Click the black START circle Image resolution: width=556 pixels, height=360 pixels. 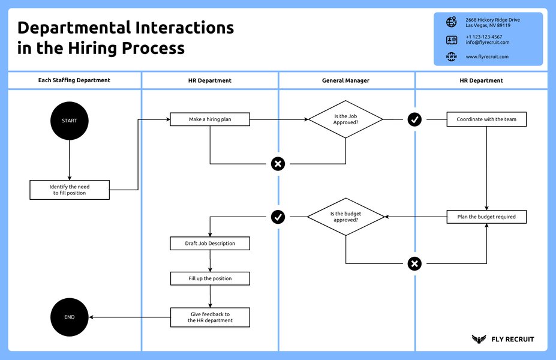70,121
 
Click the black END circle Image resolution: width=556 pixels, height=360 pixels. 70,317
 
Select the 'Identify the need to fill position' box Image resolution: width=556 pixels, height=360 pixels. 70,190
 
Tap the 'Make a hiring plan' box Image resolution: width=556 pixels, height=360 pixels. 210,119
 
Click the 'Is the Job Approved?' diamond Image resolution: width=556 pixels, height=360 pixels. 345,119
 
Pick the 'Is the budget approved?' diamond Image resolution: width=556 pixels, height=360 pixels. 345,217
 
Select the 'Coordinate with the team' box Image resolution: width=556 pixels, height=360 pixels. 486,119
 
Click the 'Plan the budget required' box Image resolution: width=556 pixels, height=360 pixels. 486,217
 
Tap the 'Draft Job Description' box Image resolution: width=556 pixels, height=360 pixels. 210,243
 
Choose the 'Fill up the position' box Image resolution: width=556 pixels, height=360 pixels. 210,278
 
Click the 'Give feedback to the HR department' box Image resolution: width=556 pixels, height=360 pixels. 210,317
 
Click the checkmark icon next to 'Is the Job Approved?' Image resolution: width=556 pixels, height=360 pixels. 414,119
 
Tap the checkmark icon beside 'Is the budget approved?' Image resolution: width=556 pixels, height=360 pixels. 278,217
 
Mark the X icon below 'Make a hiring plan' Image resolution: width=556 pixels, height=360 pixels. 278,164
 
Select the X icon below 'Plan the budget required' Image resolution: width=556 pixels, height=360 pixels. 414,263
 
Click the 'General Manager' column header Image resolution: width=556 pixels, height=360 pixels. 346,80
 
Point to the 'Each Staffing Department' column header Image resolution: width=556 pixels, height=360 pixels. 74,80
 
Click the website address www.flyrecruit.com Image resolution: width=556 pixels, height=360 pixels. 487,57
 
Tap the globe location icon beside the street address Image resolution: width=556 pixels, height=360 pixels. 451,22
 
